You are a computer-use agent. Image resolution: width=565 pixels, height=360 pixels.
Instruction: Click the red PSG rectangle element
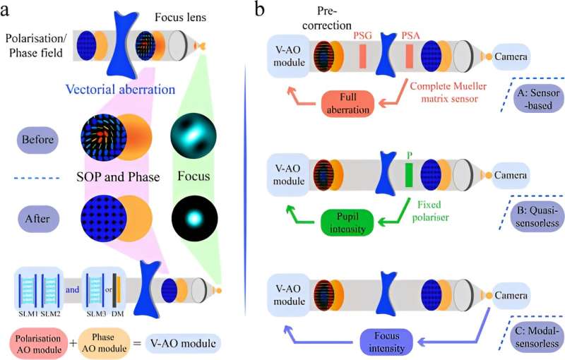click(x=361, y=56)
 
